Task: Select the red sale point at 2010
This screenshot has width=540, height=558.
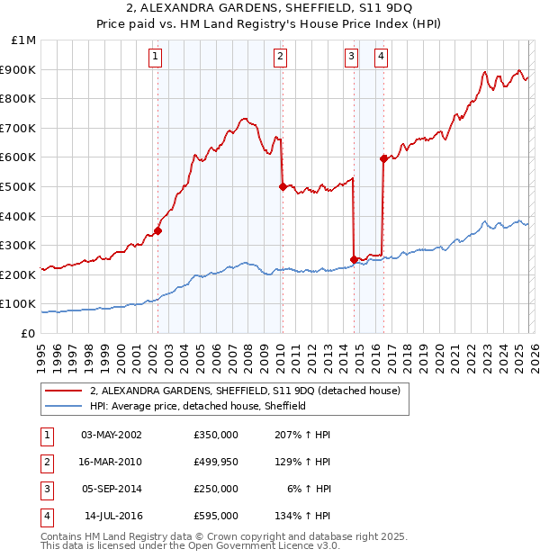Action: tap(283, 187)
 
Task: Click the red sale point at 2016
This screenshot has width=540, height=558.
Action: tap(383, 158)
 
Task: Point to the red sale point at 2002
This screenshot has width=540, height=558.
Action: tap(157, 230)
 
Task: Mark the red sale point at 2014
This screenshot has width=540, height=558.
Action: tap(354, 260)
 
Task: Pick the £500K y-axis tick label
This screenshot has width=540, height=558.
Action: tap(19, 187)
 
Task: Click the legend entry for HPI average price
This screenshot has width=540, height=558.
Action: tap(198, 406)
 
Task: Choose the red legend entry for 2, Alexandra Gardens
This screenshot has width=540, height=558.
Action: tap(250, 391)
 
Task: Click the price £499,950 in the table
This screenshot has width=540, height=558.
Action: tap(215, 462)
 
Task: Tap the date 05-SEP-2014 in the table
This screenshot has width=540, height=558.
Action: tap(111, 489)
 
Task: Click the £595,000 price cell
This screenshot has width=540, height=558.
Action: tap(215, 516)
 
